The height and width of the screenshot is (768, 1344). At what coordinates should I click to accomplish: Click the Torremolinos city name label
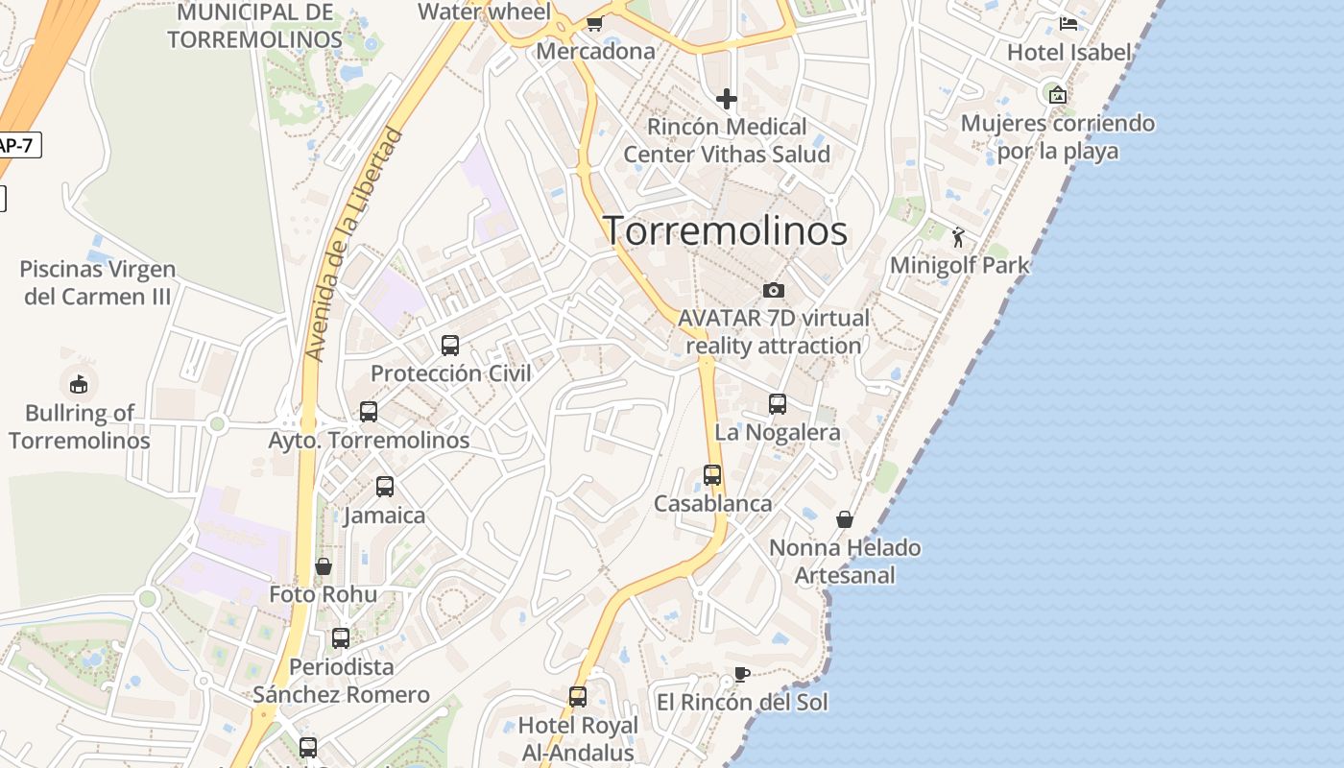[x=725, y=231]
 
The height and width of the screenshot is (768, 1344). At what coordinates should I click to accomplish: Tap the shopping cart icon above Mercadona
[x=594, y=23]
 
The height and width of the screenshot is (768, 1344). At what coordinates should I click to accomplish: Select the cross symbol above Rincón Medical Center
[x=727, y=98]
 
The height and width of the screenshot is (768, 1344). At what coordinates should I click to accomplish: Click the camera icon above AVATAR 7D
[x=773, y=290]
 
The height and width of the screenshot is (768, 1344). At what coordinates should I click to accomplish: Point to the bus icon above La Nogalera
[x=778, y=404]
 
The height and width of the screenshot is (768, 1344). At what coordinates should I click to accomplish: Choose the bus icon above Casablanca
[x=712, y=475]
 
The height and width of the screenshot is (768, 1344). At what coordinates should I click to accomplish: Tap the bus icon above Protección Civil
[x=450, y=346]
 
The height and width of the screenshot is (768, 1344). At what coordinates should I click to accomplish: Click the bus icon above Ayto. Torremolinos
[x=369, y=412]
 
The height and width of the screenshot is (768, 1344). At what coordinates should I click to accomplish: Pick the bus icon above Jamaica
[x=385, y=487]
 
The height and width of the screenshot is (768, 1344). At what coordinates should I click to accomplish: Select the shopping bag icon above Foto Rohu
[x=324, y=566]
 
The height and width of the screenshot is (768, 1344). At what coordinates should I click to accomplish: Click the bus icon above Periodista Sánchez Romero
[x=341, y=638]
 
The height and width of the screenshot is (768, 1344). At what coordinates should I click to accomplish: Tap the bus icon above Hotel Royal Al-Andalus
[x=578, y=697]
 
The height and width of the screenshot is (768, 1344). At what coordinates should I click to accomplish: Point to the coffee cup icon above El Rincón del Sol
[x=741, y=674]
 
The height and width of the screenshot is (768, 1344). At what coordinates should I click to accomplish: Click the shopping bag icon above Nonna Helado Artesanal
[x=845, y=519]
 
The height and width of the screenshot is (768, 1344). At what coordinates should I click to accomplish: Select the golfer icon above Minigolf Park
[x=958, y=237]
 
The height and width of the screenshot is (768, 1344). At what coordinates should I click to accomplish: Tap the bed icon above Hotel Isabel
[x=1068, y=24]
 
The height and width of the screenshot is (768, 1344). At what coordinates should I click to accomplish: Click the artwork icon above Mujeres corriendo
[x=1058, y=94]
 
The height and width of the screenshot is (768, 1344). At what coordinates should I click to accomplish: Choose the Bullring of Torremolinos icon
[x=79, y=384]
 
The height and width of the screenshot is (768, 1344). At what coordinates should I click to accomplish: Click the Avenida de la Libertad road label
[x=351, y=245]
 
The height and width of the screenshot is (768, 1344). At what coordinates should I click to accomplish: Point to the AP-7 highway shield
[x=15, y=146]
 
